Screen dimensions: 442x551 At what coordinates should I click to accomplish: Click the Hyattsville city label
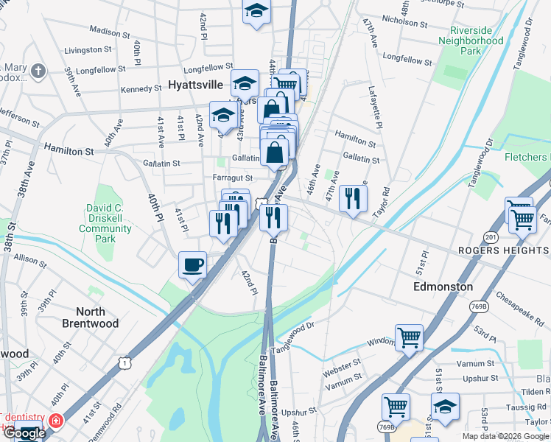(x=196, y=85)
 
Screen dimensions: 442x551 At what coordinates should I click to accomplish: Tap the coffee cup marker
(x=192, y=264)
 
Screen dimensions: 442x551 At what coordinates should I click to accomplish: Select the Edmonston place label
(x=443, y=286)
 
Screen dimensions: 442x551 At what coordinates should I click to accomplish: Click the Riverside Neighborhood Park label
(x=476, y=41)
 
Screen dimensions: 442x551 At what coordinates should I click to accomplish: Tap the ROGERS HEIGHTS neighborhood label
(x=504, y=251)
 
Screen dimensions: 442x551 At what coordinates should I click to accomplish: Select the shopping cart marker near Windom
(x=409, y=338)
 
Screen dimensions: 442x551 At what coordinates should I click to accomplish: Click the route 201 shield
(x=490, y=236)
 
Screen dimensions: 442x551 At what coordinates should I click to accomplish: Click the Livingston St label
(x=88, y=50)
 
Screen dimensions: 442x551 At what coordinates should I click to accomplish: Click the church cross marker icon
(x=38, y=71)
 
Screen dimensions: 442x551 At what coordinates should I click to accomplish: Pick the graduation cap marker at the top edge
(x=256, y=11)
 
